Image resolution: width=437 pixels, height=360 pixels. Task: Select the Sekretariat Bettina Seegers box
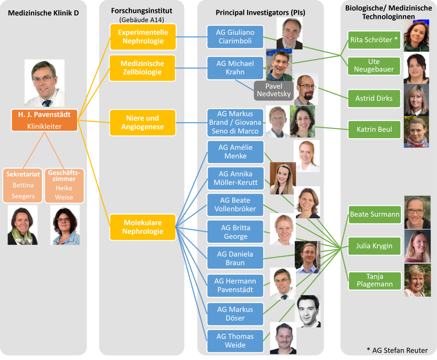coord(23,185)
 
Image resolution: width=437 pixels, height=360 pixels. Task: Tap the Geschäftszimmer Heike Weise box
coord(64,185)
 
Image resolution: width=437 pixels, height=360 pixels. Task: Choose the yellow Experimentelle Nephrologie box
coord(143,37)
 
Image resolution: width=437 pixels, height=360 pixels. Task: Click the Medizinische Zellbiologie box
coord(143,68)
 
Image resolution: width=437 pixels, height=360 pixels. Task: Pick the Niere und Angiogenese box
coord(143,123)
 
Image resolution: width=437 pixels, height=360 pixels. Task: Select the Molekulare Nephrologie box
coord(143,227)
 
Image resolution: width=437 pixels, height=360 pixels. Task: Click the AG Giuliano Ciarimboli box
coord(235,37)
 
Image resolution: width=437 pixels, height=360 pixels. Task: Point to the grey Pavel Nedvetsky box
coord(274,90)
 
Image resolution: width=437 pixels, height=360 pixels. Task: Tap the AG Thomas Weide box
coord(235,341)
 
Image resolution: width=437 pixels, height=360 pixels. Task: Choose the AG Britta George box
coord(235,232)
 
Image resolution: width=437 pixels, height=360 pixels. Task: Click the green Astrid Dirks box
coord(374,98)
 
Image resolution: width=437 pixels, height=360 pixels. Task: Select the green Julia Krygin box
coord(374,246)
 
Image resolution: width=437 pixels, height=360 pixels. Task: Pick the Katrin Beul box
coord(374,129)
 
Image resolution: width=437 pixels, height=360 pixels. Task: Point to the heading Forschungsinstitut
coord(141,11)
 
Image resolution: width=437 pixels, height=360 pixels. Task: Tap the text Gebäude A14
coord(141,19)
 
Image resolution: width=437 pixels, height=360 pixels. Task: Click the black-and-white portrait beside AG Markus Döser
coord(308,311)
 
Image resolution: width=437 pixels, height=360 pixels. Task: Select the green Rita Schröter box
coord(374,40)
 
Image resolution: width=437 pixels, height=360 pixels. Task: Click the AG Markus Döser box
coord(235,314)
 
